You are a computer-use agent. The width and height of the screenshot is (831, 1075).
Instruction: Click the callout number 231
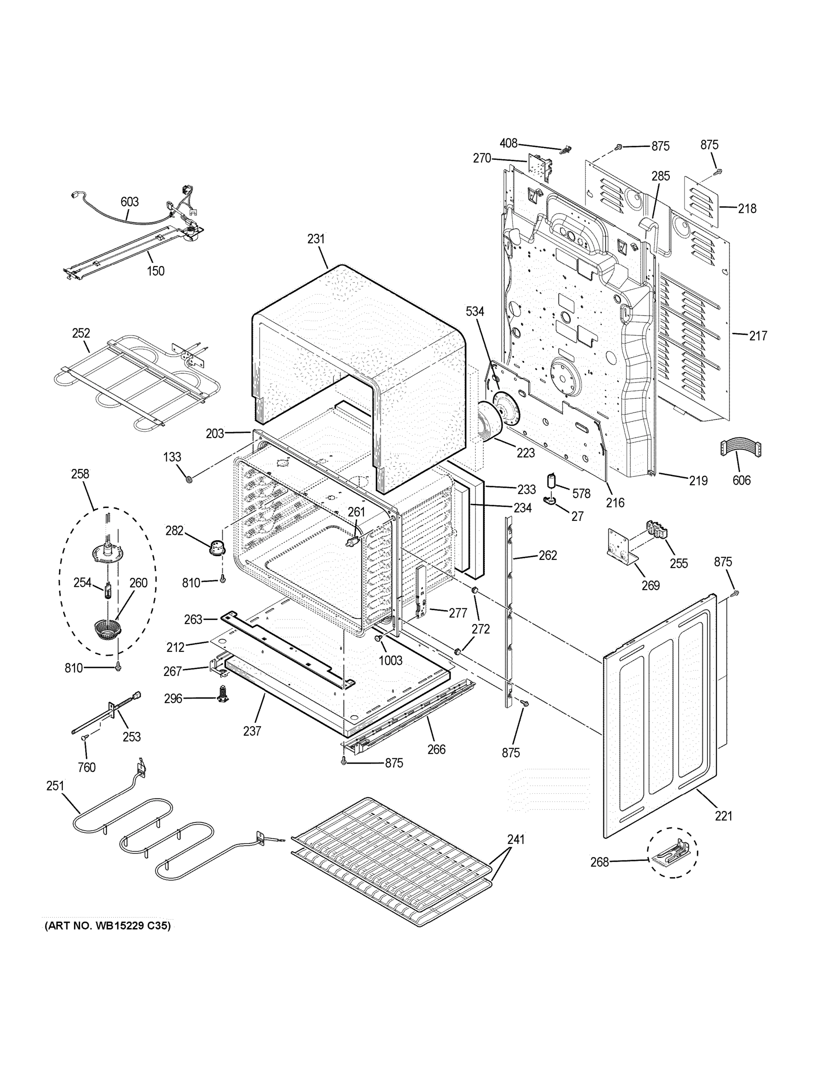(316, 239)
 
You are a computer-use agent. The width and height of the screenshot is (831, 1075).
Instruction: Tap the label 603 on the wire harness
(129, 202)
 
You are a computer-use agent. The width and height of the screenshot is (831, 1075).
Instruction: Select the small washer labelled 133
(189, 478)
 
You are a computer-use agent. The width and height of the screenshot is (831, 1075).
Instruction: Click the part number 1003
(390, 660)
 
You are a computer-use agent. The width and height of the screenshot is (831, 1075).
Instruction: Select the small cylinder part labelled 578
(552, 480)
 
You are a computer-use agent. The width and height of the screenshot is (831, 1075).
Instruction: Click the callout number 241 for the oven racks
(516, 839)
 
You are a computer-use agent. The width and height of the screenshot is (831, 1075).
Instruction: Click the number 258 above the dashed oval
(80, 473)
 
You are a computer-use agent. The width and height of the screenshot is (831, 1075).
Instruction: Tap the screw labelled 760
(84, 750)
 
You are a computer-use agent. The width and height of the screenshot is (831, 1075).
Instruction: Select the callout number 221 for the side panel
(723, 816)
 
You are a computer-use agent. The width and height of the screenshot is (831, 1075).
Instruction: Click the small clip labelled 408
(566, 150)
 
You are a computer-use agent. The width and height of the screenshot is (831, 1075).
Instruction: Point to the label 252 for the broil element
(81, 333)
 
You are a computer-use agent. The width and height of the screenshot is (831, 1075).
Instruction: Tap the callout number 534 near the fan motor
(474, 311)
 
